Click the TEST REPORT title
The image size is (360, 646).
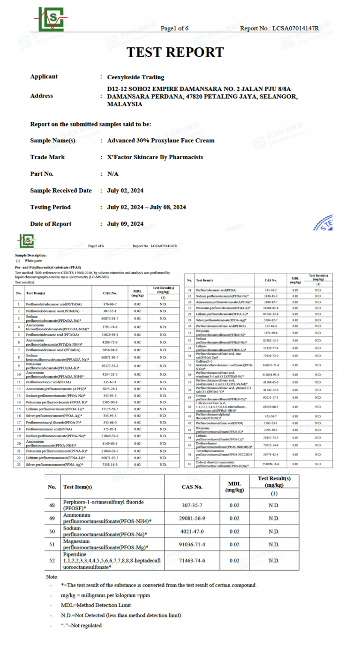pyautogui.click(x=175, y=52)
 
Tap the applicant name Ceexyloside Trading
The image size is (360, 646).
pyautogui.click(x=135, y=77)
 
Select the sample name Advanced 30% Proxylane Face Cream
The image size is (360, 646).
pyautogui.click(x=160, y=141)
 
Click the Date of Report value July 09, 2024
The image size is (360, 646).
pyautogui.click(x=125, y=224)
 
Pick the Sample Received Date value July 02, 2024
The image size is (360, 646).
pyautogui.click(x=125, y=191)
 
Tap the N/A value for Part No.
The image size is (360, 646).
pyautogui.click(x=112, y=174)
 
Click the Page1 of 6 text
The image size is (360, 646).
pyautogui.click(x=174, y=29)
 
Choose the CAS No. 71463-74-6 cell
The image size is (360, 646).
pyautogui.click(x=192, y=560)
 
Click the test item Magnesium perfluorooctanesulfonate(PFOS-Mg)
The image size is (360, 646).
pyautogui.click(x=105, y=544)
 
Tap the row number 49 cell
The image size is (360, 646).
pyautogui.click(x=52, y=518)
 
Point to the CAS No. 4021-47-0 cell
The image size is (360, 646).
pyautogui.click(x=192, y=531)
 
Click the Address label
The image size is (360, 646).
pyautogui.click(x=41, y=96)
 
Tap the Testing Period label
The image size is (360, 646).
pyautogui.click(x=50, y=207)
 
